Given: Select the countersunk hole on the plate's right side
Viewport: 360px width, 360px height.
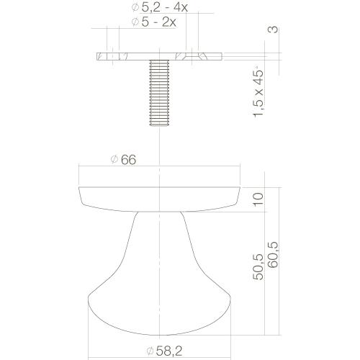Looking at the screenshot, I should pyautogui.click(x=192, y=55).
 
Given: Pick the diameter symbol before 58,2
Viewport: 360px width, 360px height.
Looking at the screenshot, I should pyautogui.click(x=149, y=351).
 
